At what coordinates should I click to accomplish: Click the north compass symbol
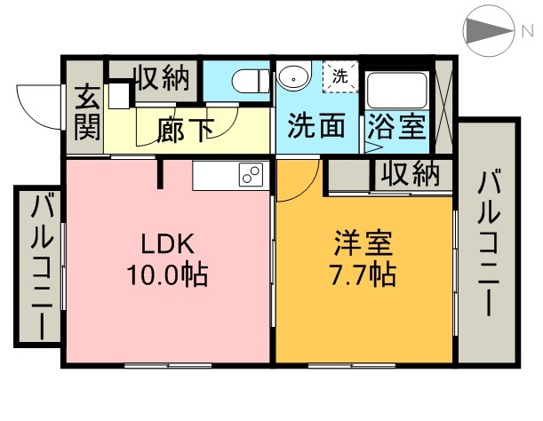click(x=489, y=32)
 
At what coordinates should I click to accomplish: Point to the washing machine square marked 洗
click(x=340, y=76)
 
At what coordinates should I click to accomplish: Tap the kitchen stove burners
click(x=250, y=176)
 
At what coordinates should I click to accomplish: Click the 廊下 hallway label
click(x=185, y=130)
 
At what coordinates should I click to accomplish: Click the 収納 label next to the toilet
click(x=162, y=78)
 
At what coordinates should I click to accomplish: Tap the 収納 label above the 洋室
click(x=410, y=174)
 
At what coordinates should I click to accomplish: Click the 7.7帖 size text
click(x=363, y=274)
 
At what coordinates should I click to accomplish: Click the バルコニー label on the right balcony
click(x=488, y=244)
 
